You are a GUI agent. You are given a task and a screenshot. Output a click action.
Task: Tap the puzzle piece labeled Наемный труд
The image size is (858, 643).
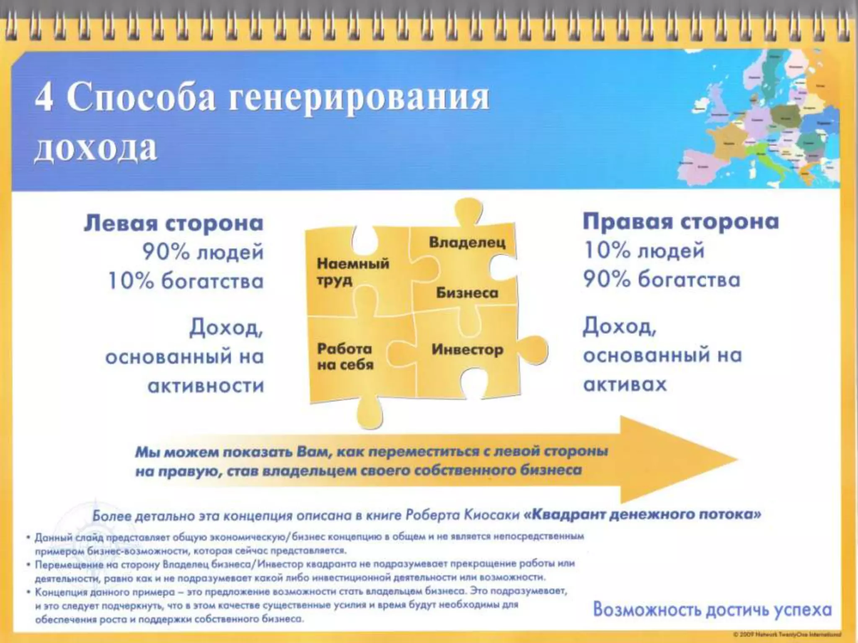click(353, 272)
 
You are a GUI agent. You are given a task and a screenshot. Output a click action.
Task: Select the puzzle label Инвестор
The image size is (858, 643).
click(467, 349)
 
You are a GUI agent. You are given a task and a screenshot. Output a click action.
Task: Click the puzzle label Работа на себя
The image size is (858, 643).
click(345, 357)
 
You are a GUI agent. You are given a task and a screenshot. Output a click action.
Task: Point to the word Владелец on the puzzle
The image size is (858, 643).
click(467, 242)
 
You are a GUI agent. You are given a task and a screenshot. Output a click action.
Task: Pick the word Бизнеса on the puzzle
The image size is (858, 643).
click(467, 293)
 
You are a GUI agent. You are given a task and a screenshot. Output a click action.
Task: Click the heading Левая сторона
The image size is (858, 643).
click(173, 223)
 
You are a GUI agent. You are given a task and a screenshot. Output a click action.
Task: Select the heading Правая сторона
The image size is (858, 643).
click(681, 221)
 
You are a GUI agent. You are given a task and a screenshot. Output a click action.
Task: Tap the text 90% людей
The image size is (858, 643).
click(203, 252)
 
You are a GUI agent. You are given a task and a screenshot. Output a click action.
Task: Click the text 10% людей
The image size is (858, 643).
click(644, 251)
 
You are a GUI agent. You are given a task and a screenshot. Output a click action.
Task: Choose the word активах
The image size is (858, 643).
click(625, 384)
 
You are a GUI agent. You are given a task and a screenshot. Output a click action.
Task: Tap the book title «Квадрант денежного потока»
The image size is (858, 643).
click(642, 514)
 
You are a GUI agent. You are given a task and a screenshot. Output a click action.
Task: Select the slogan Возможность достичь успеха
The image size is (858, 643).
click(712, 610)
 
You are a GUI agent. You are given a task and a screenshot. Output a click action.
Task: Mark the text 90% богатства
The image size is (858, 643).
click(662, 280)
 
